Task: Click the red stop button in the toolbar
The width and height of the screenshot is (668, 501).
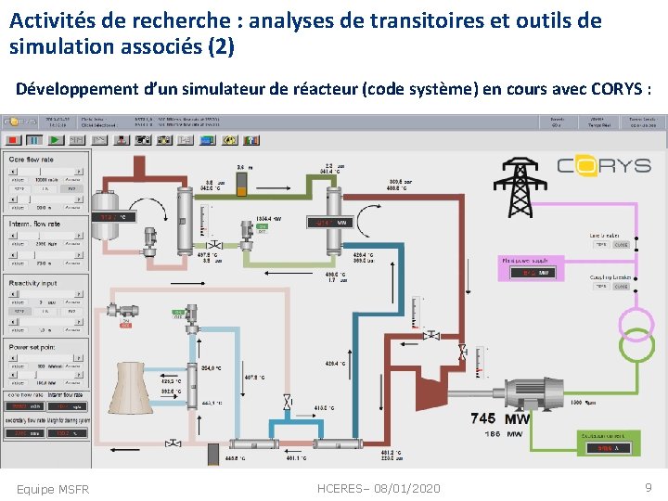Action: click(x=13, y=140)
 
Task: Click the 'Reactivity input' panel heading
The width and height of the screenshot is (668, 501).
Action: click(x=33, y=283)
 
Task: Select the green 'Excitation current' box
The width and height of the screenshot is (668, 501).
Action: click(x=607, y=442)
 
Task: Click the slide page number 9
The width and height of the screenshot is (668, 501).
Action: click(x=649, y=487)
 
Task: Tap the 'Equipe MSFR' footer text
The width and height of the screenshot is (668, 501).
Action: click(x=53, y=489)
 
